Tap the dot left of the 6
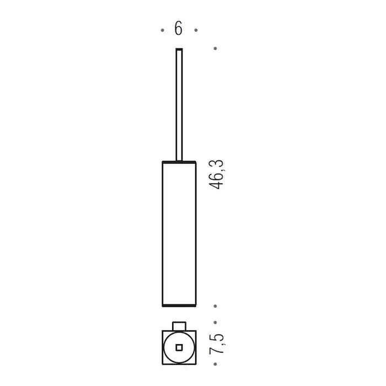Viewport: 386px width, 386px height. tap(163, 30)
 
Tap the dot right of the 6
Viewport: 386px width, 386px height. tap(196, 30)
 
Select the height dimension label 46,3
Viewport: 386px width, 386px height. tap(216, 174)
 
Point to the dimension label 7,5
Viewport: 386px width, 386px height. tap(216, 344)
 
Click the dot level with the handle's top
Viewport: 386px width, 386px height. tap(216, 49)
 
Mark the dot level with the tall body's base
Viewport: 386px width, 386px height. tap(216, 306)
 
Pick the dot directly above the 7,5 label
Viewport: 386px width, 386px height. tap(216, 322)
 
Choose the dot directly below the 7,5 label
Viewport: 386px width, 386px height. tap(216, 364)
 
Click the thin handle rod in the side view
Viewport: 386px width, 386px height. tap(179, 105)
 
